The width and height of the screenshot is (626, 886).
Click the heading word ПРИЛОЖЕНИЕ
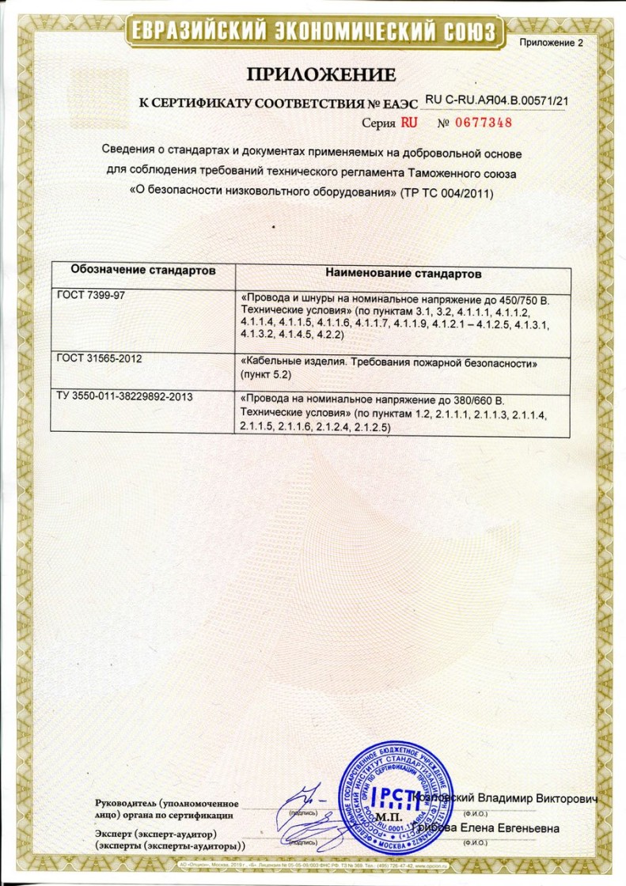point(321,75)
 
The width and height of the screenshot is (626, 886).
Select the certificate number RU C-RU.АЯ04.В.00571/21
point(498,100)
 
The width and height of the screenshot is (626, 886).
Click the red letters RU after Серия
point(408,123)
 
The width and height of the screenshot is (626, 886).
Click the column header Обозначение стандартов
point(143,271)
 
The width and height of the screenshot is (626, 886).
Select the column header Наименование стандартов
point(404,273)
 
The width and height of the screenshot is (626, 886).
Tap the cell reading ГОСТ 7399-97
point(86,294)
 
